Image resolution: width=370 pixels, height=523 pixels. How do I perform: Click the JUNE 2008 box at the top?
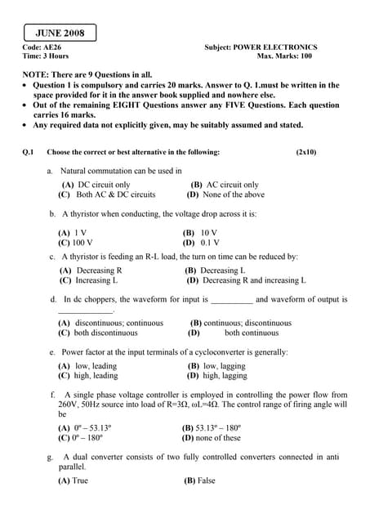click(x=60, y=34)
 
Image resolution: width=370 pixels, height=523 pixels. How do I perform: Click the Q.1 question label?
click(x=29, y=153)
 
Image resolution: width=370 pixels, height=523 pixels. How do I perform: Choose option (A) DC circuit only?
click(x=95, y=186)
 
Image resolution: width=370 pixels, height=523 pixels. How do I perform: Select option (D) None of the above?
click(x=225, y=195)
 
